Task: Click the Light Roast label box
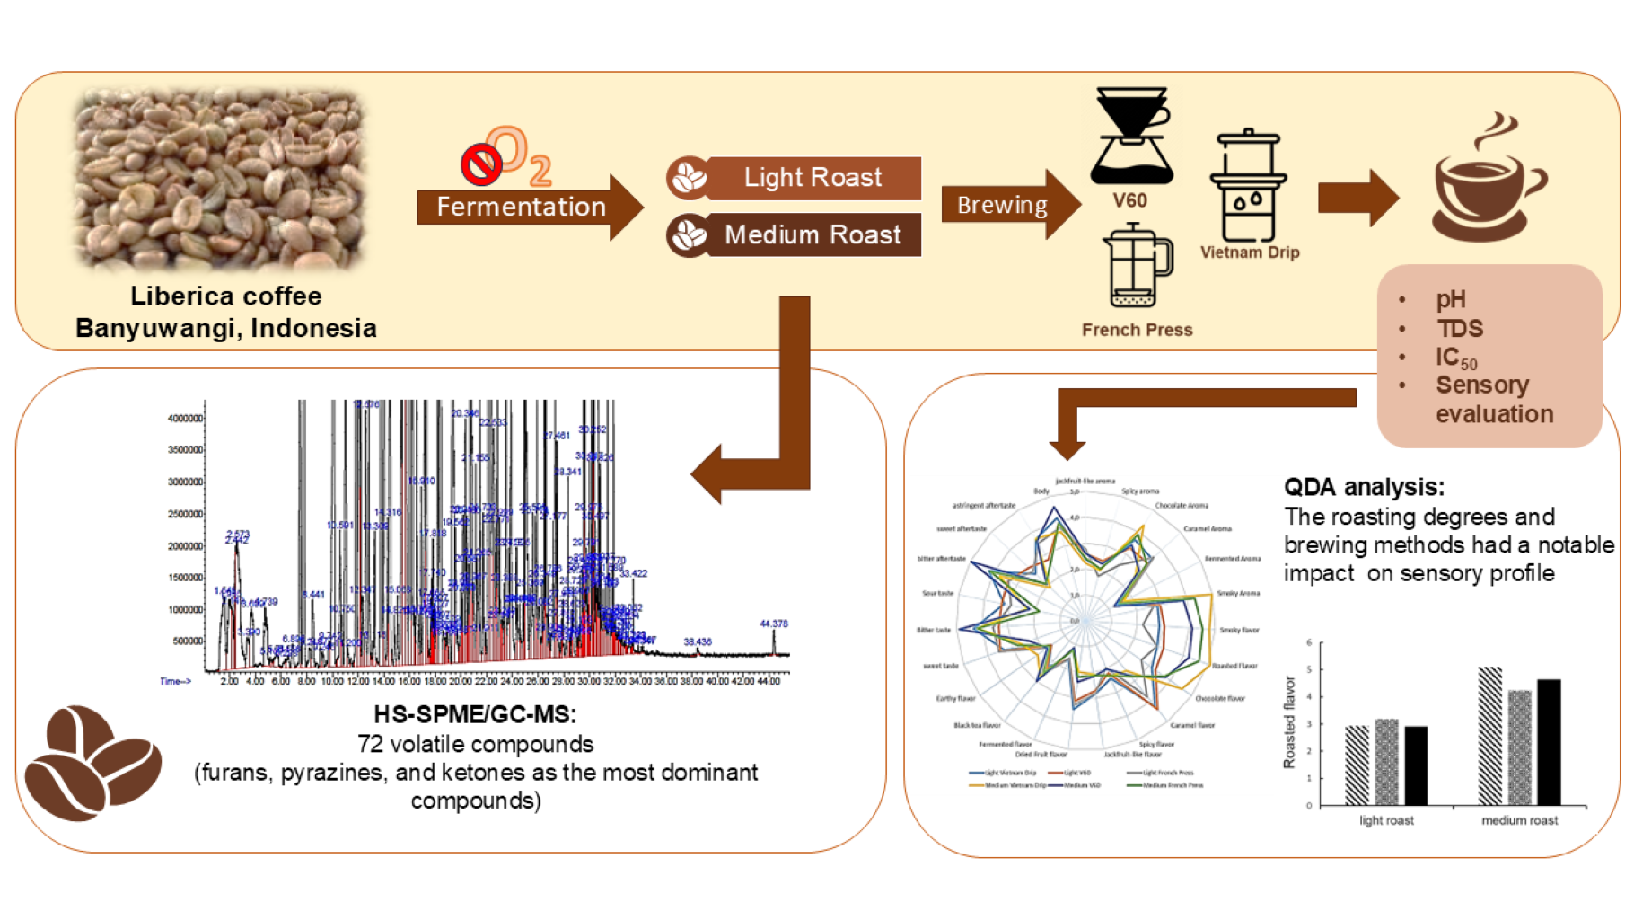[x=795, y=178]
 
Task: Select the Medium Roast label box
[x=795, y=235]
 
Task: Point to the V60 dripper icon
[x=1130, y=135]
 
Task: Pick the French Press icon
[x=1138, y=267]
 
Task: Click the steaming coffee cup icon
[x=1488, y=180]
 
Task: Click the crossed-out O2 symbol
[x=505, y=155]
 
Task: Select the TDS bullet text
[x=1460, y=329]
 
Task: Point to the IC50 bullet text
[x=1455, y=358]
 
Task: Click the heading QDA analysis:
[x=1364, y=487]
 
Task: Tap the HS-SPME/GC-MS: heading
[x=475, y=714]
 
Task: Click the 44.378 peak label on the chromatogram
[x=773, y=624]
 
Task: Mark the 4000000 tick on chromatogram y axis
[x=185, y=419]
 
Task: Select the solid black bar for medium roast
[x=1549, y=742]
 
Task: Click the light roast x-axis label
[x=1386, y=820]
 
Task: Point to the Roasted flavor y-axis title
[x=1289, y=722]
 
